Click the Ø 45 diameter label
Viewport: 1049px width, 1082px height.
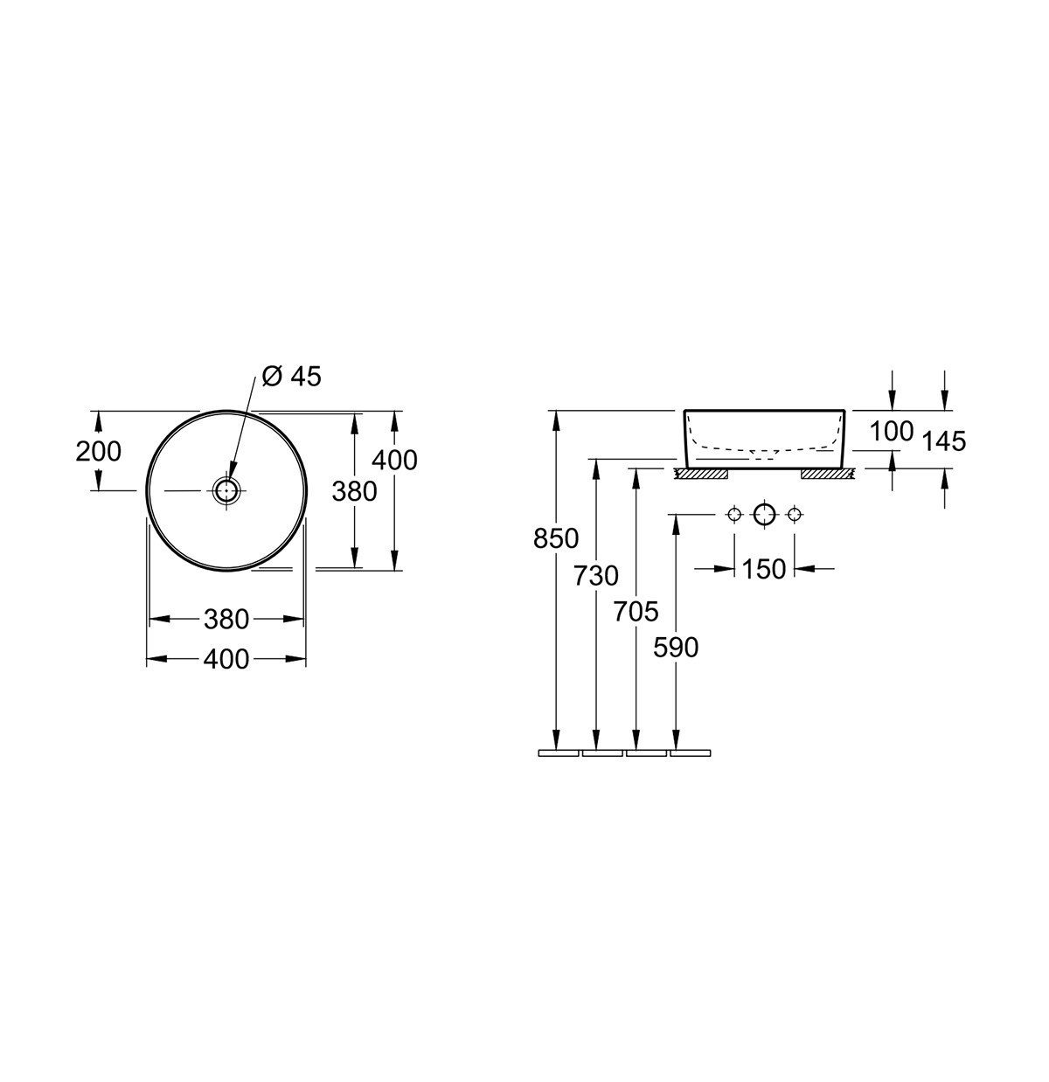pyautogui.click(x=291, y=377)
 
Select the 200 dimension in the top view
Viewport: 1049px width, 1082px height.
pyautogui.click(x=98, y=451)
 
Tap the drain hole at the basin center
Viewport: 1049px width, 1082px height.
pyautogui.click(x=227, y=490)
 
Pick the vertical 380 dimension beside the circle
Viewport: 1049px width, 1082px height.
pyautogui.click(x=354, y=491)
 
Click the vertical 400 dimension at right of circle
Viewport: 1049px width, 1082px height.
pyautogui.click(x=394, y=460)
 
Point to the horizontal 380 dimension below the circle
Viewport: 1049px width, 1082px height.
pyautogui.click(x=226, y=619)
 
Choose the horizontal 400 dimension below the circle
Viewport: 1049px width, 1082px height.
pyautogui.click(x=226, y=660)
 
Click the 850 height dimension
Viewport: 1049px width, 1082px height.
pyautogui.click(x=556, y=538)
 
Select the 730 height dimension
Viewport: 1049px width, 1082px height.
pyautogui.click(x=595, y=576)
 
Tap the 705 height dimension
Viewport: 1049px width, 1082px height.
pyautogui.click(x=636, y=612)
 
